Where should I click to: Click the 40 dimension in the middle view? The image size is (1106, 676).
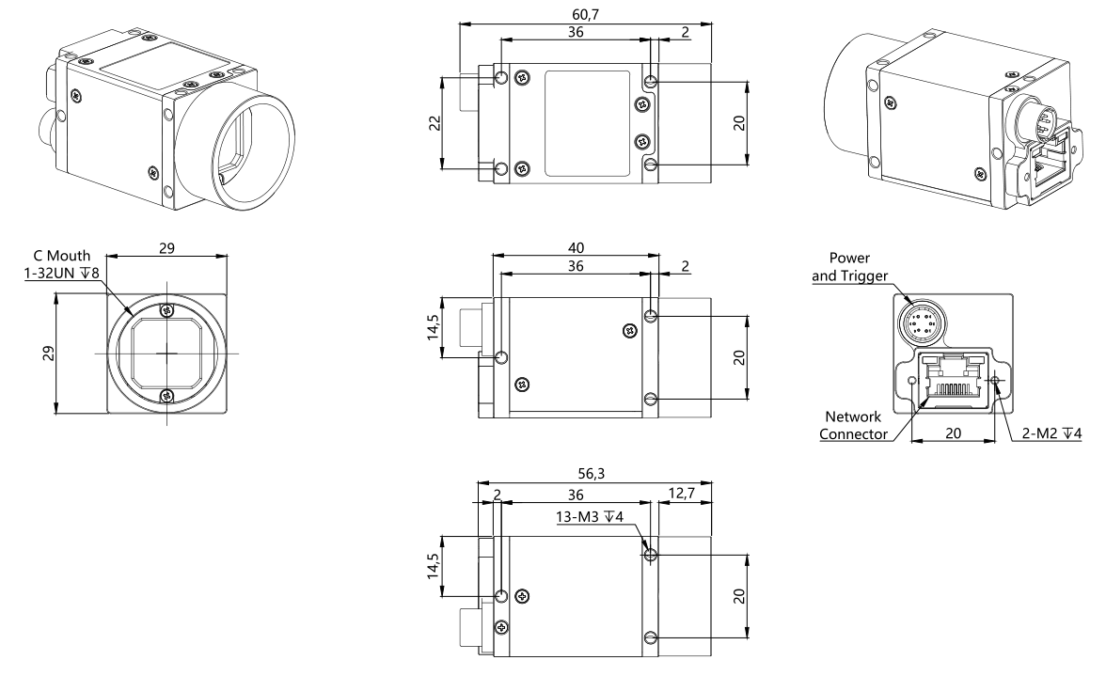click(x=577, y=247)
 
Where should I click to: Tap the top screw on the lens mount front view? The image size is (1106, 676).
click(x=166, y=310)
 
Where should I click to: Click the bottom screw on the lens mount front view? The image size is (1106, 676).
click(x=166, y=395)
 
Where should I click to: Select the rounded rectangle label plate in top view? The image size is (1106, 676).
click(x=587, y=123)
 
